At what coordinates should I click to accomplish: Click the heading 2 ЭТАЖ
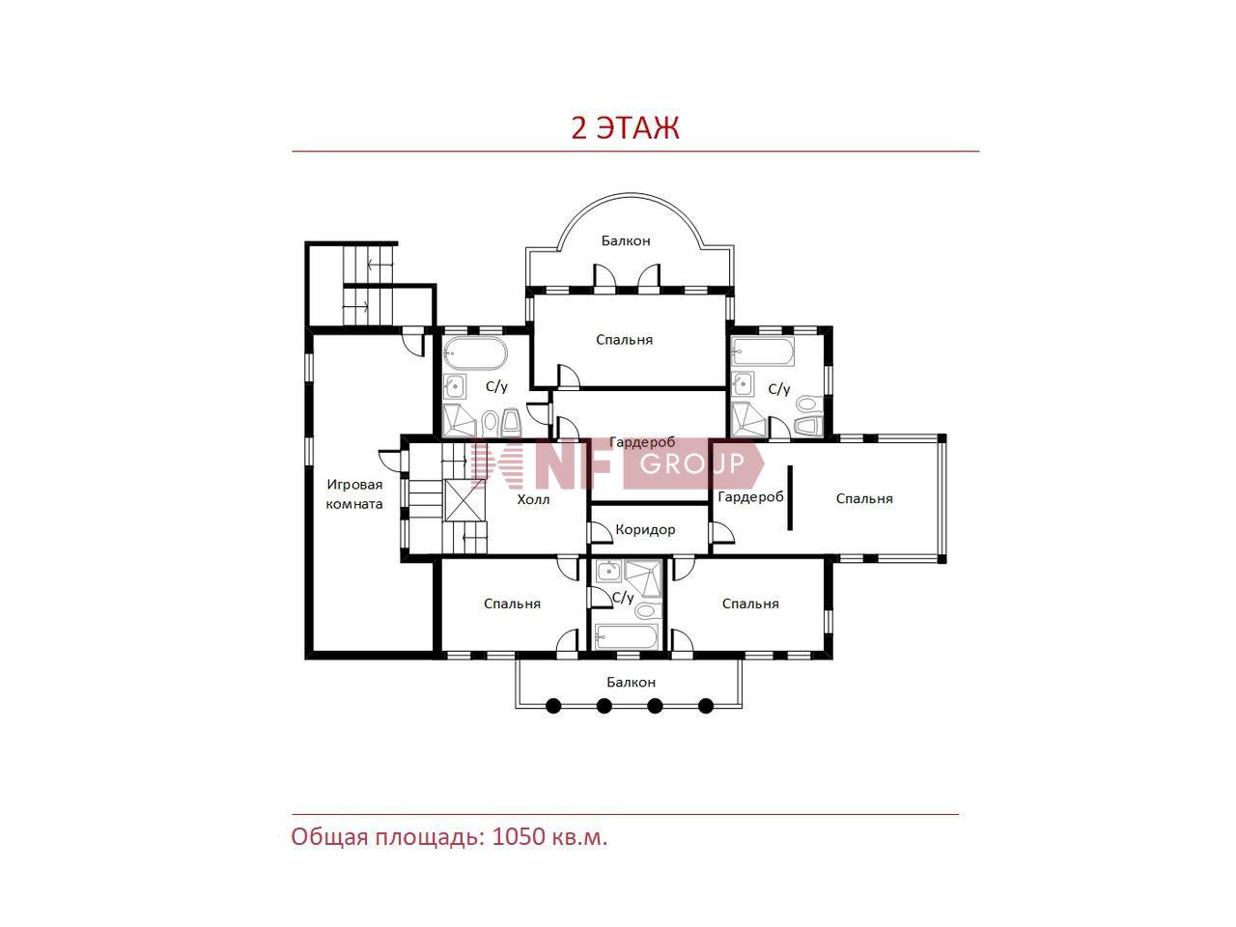(625, 127)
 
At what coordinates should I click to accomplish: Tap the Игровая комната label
(354, 493)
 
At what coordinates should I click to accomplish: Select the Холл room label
(533, 498)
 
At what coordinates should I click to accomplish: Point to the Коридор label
(645, 529)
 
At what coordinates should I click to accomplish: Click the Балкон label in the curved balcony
(626, 240)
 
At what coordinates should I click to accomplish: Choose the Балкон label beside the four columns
(631, 682)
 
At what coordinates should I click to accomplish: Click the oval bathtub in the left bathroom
(475, 352)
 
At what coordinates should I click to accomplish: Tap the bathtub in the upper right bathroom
(763, 352)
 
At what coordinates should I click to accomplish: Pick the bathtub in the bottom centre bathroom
(626, 636)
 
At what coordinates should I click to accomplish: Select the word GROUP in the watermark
(692, 463)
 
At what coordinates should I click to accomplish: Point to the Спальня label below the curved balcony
(624, 339)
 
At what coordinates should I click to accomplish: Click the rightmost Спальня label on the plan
(864, 498)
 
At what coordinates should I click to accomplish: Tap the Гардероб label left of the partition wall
(750, 497)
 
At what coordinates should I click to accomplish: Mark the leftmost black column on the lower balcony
(553, 705)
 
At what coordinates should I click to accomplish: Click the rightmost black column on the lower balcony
(706, 705)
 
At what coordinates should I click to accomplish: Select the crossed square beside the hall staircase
(464, 500)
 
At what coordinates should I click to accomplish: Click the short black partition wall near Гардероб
(790, 497)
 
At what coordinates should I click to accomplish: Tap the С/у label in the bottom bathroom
(623, 597)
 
